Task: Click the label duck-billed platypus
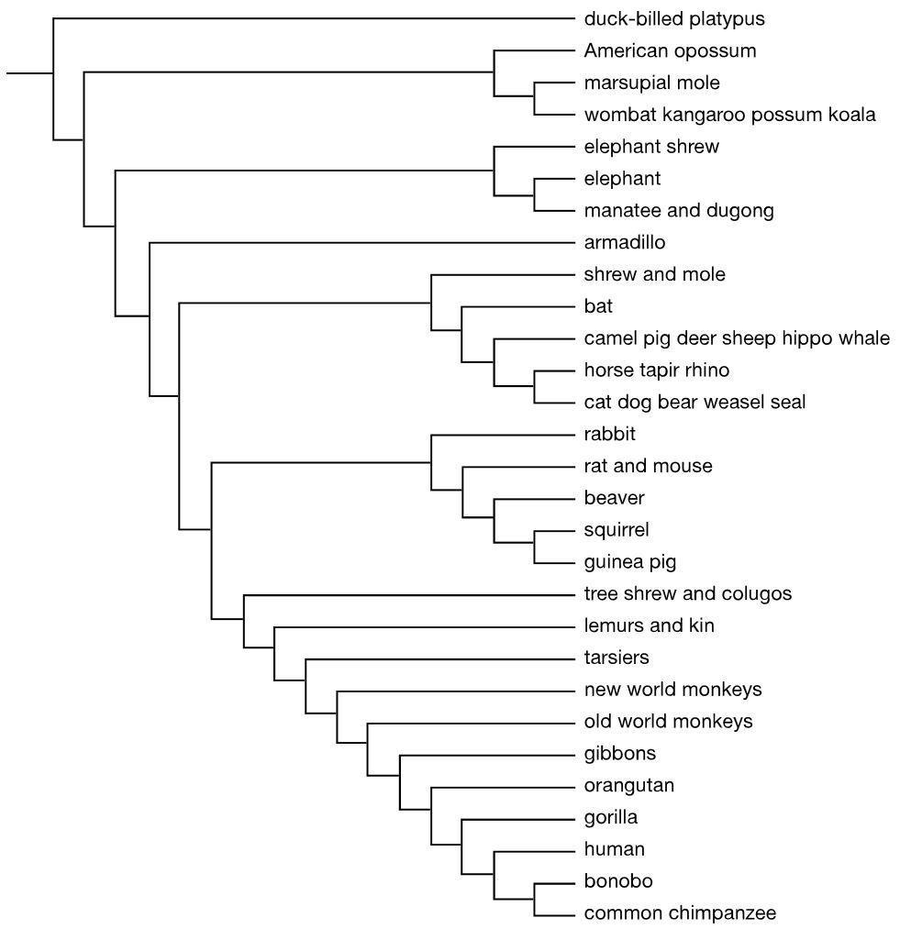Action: click(674, 18)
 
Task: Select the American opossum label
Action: click(670, 50)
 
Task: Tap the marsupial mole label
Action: click(651, 83)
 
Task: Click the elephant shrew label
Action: click(651, 147)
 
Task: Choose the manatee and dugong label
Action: click(679, 211)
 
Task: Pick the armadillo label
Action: click(625, 243)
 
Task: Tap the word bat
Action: click(597, 306)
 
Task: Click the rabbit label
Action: click(609, 434)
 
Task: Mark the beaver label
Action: click(614, 498)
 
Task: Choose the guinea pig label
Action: click(630, 562)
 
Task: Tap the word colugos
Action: click(756, 594)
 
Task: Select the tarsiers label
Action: click(617, 658)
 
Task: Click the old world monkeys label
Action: click(668, 722)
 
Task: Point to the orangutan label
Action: click(628, 786)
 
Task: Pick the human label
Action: click(614, 849)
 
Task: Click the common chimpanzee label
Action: click(680, 913)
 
